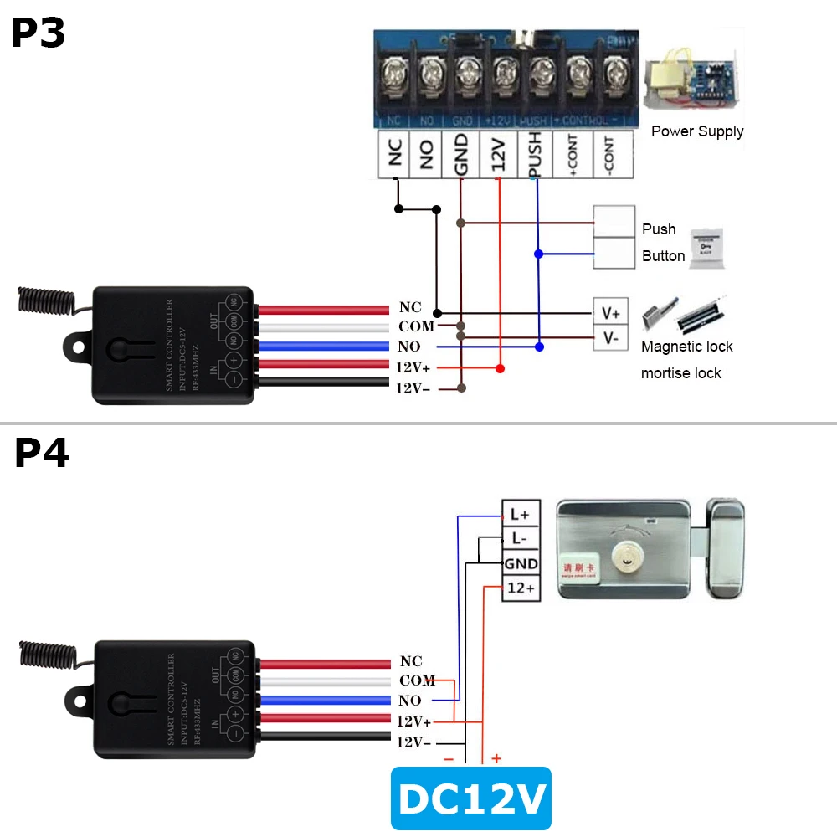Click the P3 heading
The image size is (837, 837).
pyautogui.click(x=39, y=34)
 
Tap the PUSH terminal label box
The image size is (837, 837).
pyautogui.click(x=534, y=155)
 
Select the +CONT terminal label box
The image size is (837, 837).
pyautogui.click(x=573, y=155)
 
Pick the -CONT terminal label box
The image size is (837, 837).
pyautogui.click(x=609, y=155)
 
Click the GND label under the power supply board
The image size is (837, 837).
pyautogui.click(x=460, y=155)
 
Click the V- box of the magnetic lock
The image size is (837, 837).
pyautogui.click(x=610, y=338)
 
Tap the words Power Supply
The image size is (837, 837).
pyautogui.click(x=697, y=131)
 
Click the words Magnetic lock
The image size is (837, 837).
pyautogui.click(x=686, y=347)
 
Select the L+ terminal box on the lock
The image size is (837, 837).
pyautogui.click(x=520, y=514)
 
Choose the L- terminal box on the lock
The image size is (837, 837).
pyautogui.click(x=520, y=538)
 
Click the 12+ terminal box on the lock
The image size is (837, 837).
pyautogui.click(x=521, y=588)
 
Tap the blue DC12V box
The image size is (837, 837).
pyautogui.click(x=472, y=799)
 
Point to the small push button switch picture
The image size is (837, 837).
pyautogui.click(x=706, y=248)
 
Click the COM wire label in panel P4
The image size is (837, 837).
pyautogui.click(x=416, y=681)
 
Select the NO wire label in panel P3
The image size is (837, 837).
pyautogui.click(x=409, y=347)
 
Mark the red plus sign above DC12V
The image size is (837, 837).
pyautogui.click(x=496, y=759)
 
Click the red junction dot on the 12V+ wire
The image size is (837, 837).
pyautogui.click(x=500, y=368)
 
